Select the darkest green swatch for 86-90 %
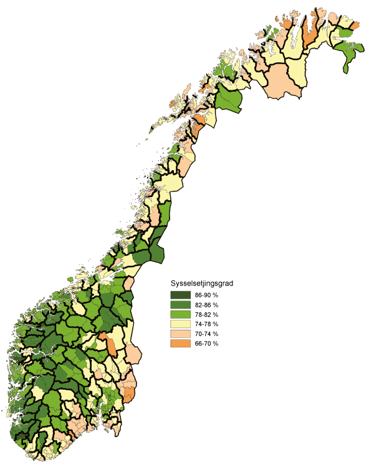pos(180,294)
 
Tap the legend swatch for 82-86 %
pos(180,304)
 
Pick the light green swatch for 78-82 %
pos(180,314)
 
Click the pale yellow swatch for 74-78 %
pos(180,324)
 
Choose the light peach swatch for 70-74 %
pos(180,334)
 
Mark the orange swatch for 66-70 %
pos(180,344)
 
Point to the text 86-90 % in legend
pos(206,294)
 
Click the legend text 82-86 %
pos(206,304)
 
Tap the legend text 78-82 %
pos(206,314)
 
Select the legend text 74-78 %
pos(206,324)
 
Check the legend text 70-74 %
pos(206,334)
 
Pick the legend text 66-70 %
pos(206,344)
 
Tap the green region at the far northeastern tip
pos(349,53)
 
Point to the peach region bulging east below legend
pos(133,354)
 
